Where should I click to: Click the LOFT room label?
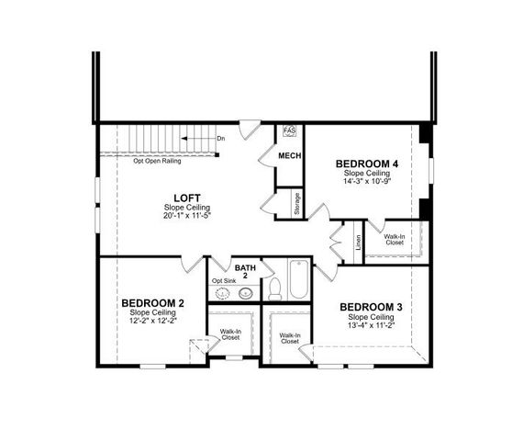click(x=182, y=198)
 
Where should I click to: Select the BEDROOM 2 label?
click(x=153, y=302)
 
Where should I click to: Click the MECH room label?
click(x=290, y=155)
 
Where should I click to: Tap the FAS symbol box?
click(x=290, y=131)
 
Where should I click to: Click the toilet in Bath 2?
click(x=274, y=289)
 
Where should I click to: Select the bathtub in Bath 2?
click(x=299, y=279)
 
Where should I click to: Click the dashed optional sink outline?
click(x=223, y=294)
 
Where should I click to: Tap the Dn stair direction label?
click(x=220, y=139)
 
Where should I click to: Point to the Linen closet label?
click(x=358, y=243)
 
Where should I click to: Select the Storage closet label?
click(x=297, y=203)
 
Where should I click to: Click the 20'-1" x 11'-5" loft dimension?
click(x=182, y=217)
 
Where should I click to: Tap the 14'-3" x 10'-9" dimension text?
click(x=366, y=182)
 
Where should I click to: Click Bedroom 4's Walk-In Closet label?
click(x=395, y=239)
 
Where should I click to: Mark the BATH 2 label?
click(x=245, y=272)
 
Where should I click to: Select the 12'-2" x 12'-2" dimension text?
click(x=153, y=321)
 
